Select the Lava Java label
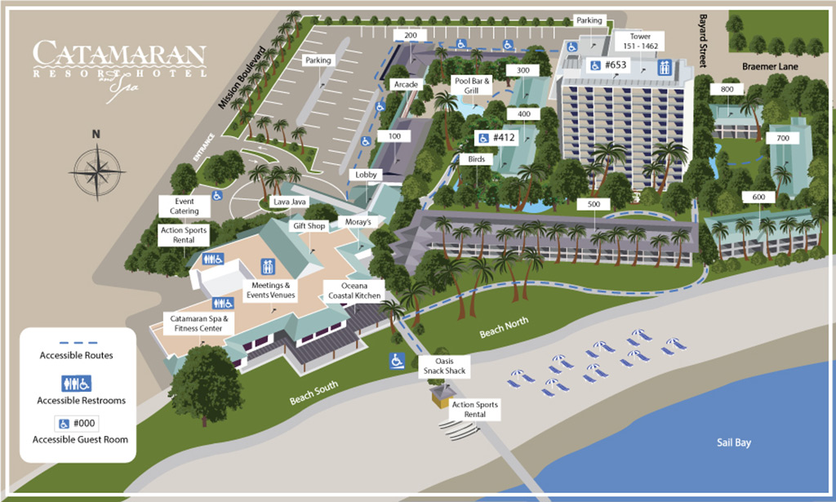pyautogui.click(x=287, y=201)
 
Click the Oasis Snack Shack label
pyautogui.click(x=444, y=366)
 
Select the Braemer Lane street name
pyautogui.click(x=767, y=66)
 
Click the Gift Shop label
pyautogui.click(x=309, y=225)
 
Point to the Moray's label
pyautogui.click(x=357, y=222)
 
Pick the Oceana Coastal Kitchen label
pyautogui.click(x=352, y=290)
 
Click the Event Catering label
pyautogui.click(x=185, y=206)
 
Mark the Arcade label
pyautogui.click(x=406, y=84)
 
